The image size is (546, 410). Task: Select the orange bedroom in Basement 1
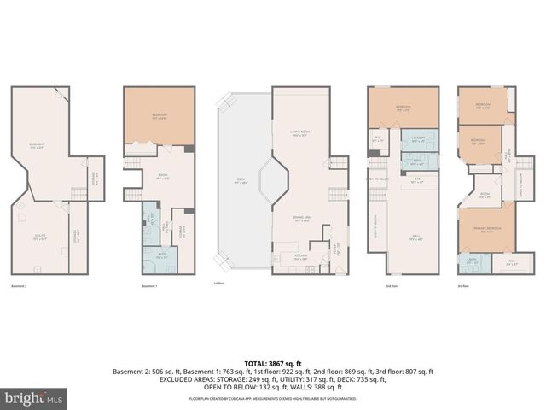[160, 115]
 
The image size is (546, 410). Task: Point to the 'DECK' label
[241, 180]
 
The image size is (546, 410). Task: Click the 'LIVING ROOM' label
[299, 133]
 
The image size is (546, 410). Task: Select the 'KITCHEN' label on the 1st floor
[300, 255]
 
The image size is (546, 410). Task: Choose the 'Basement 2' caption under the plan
[20, 285]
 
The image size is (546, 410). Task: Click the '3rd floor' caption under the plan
[463, 285]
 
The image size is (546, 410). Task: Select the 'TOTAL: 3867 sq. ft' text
[272, 364]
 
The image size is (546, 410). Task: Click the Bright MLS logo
[34, 398]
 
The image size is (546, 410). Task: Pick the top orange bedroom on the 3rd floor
[482, 106]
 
